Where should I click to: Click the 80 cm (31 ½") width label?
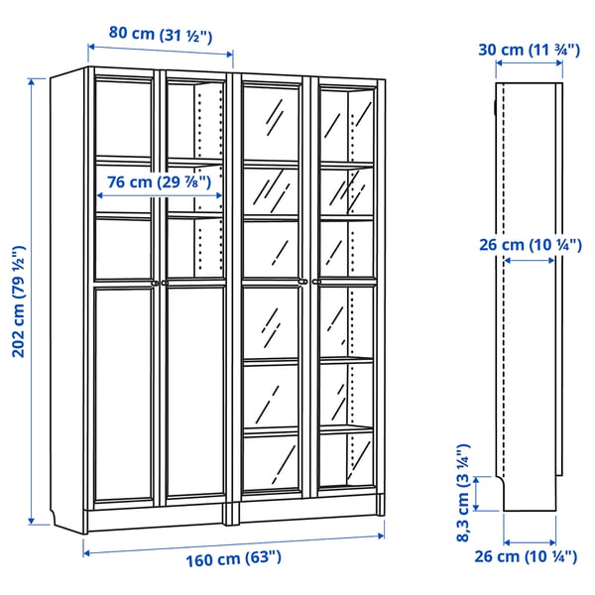(160, 34)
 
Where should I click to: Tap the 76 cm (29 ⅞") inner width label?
(160, 182)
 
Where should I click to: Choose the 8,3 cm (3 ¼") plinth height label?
(464, 492)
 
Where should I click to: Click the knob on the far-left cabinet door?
(155, 283)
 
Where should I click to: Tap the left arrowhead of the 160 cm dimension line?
(86, 552)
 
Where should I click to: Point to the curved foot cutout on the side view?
(507, 486)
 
